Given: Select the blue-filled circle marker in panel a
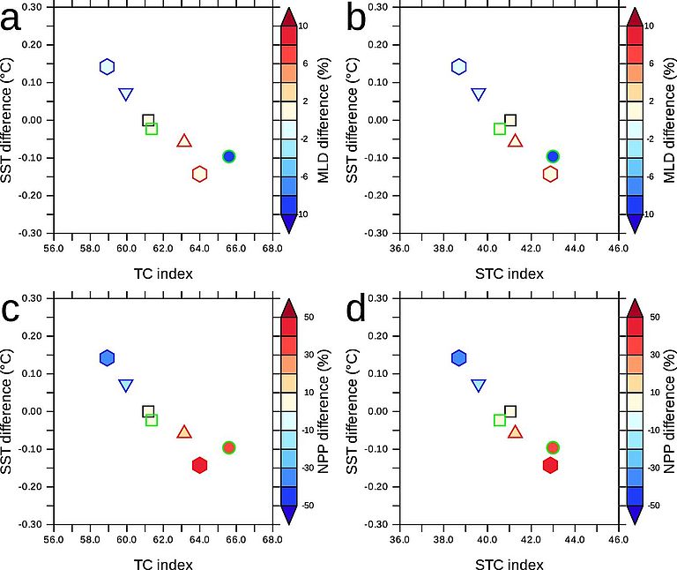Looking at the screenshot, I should tap(229, 156).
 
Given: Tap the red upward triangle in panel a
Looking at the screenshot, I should tap(184, 141).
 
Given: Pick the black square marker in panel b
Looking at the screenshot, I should tap(510, 120).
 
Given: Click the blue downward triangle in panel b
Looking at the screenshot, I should tap(479, 94).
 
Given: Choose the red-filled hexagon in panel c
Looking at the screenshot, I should tap(200, 465).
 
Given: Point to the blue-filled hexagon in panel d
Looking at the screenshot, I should tap(458, 357).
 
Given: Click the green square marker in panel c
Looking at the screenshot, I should tap(152, 420).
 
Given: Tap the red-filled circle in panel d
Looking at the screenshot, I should tap(554, 447).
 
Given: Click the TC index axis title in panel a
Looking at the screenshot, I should tap(163, 273).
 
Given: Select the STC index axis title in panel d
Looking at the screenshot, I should tap(509, 564).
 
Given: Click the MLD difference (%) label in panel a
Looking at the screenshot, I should tap(324, 120).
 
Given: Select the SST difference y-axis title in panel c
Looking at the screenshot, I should tap(9, 411).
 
